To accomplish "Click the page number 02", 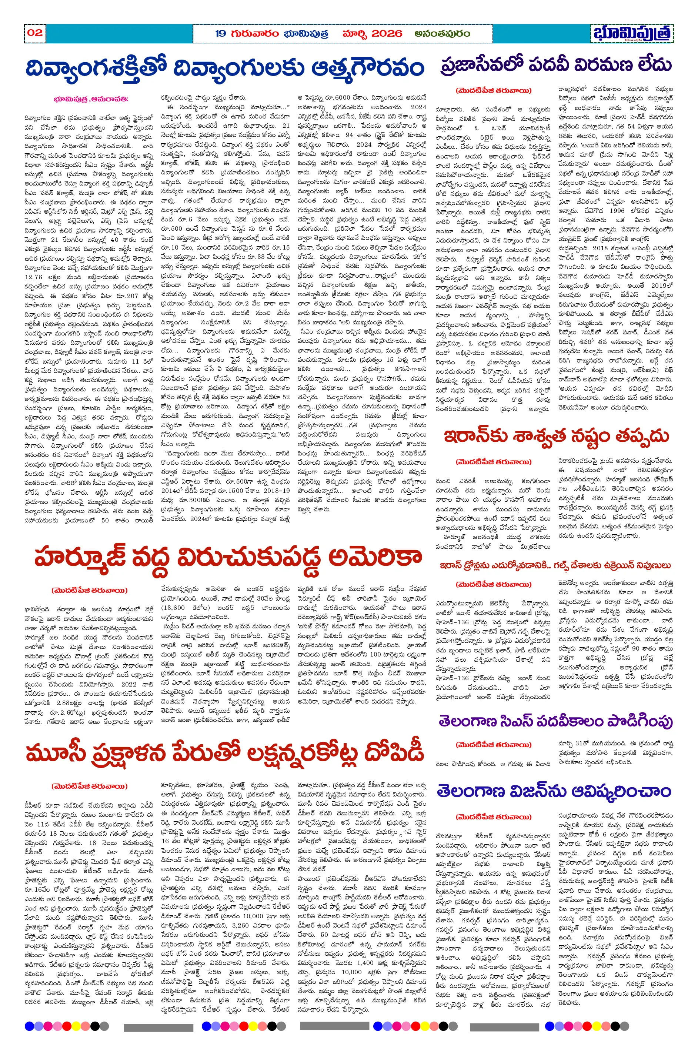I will (35, 33).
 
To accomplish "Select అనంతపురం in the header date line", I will (442, 33).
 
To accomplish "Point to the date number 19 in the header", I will (221, 33).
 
